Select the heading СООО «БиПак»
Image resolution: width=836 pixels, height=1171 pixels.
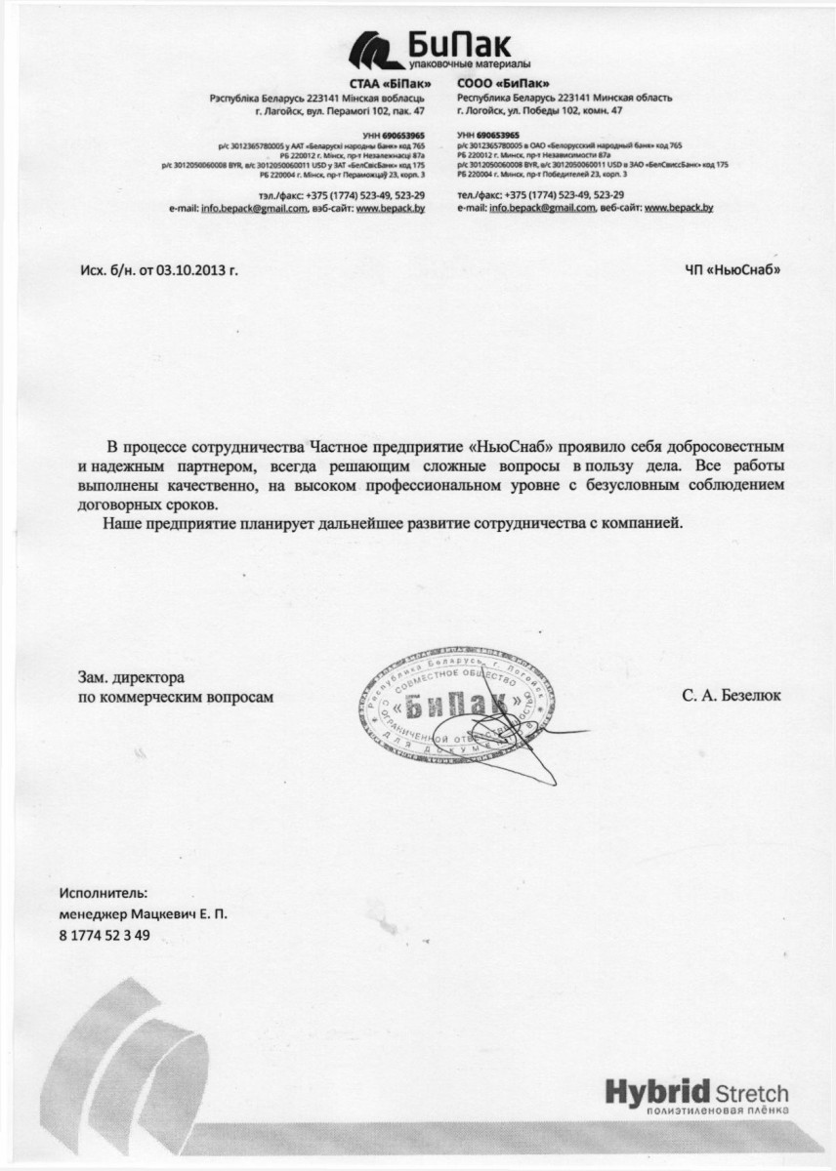click(x=497, y=83)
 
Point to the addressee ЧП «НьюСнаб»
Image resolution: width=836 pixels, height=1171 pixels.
click(x=733, y=269)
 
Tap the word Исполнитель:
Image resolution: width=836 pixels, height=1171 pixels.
click(x=104, y=893)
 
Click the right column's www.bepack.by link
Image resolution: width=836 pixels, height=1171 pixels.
click(x=679, y=208)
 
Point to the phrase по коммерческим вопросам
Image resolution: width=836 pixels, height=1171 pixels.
click(x=177, y=697)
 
